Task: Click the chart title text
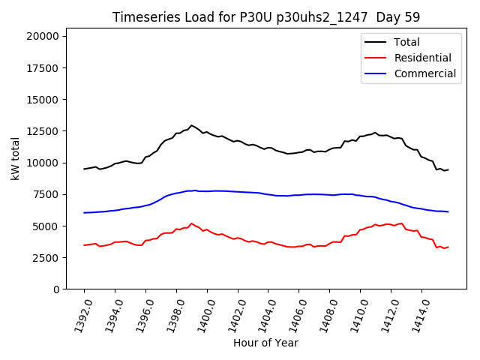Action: [266, 17]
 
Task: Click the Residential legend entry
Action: [422, 58]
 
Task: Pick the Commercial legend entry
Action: [424, 73]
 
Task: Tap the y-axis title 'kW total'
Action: [15, 162]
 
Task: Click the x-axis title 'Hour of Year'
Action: [265, 343]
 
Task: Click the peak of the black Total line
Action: [191, 125]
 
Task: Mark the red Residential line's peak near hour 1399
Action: [191, 223]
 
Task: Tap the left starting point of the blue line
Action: [84, 213]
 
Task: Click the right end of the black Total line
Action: [448, 169]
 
